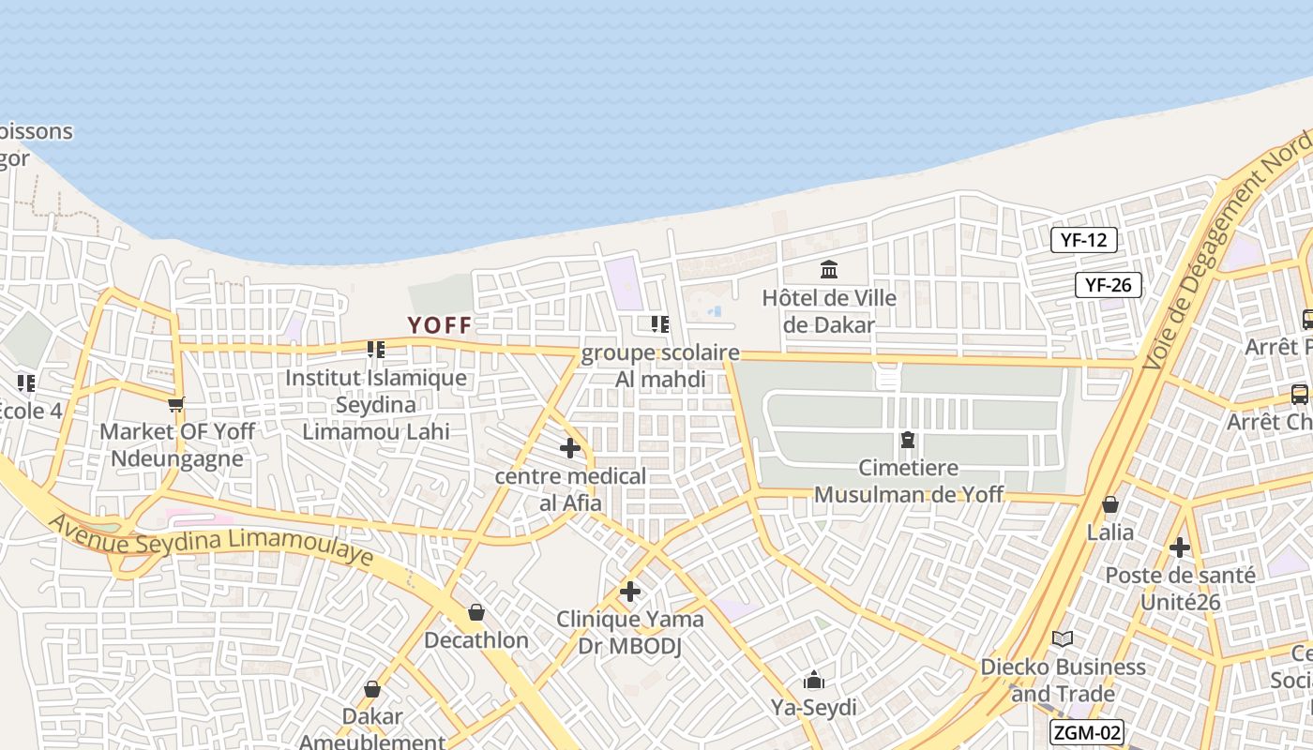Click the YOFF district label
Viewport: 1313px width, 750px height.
point(439,325)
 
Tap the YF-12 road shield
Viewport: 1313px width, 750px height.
point(1083,240)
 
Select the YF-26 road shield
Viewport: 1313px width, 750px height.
point(1108,285)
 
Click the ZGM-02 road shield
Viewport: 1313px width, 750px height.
point(1087,733)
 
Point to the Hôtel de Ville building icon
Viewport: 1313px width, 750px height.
point(829,270)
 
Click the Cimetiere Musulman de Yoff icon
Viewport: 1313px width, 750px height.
point(908,439)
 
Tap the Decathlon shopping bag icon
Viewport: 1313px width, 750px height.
point(476,612)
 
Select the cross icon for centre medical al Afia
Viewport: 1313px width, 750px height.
point(569,448)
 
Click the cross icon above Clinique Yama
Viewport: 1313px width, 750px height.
point(630,592)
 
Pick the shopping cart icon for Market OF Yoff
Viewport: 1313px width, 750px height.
point(175,405)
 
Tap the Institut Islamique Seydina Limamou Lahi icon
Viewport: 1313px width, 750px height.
point(376,350)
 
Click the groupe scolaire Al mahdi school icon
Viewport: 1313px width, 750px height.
point(660,324)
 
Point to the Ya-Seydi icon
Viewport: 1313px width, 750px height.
point(813,680)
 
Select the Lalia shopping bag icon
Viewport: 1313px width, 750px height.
point(1110,504)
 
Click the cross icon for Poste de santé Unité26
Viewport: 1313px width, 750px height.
point(1180,547)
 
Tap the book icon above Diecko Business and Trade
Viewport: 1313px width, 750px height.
point(1063,638)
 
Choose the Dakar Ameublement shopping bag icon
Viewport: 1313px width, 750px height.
point(372,689)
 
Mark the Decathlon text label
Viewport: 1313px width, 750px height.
point(476,641)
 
